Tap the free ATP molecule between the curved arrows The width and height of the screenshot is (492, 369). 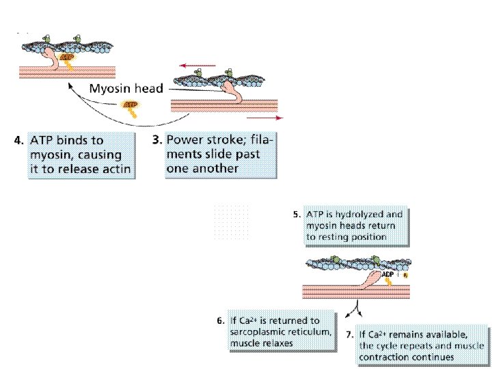point(129,107)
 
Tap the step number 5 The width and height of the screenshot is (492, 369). point(297,214)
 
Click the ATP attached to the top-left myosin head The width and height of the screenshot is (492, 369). point(66,59)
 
